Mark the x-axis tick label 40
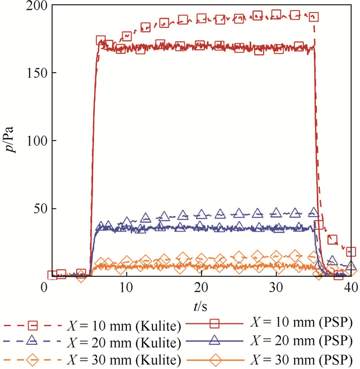(351, 287)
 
